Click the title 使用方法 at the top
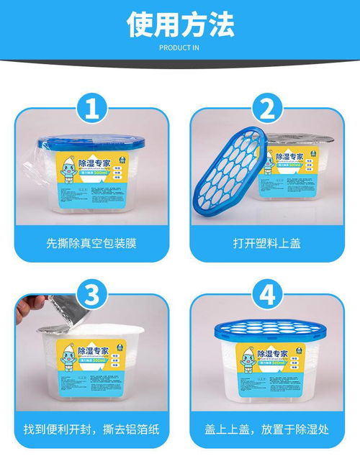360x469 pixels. coord(180,24)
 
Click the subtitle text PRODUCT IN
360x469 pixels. coord(180,48)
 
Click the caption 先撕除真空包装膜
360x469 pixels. coord(91,242)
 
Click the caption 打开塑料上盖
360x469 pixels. coord(267,242)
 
